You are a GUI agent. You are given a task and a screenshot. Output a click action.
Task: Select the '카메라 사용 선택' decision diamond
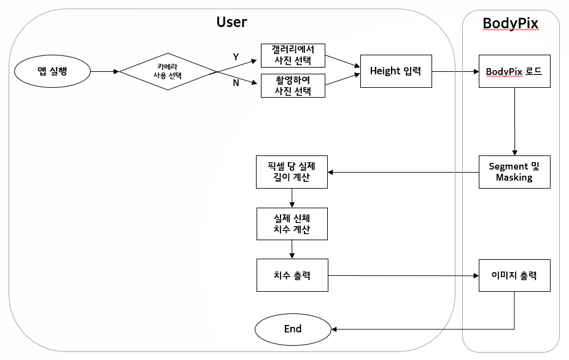coord(168,71)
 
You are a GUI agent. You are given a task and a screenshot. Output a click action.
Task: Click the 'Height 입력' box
coord(395,71)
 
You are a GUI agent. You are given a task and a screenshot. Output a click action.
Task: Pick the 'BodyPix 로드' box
coord(514,71)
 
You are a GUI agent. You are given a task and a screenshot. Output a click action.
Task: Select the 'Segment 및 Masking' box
coord(514,172)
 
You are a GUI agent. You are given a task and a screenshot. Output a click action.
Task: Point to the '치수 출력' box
coord(292,275)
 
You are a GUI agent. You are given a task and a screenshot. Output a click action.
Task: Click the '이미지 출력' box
coord(514,275)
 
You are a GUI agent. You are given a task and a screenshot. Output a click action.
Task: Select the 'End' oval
coord(293,329)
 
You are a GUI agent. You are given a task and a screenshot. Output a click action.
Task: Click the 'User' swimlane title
coord(231,22)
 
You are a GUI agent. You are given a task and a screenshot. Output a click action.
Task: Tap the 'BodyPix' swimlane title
coord(510,23)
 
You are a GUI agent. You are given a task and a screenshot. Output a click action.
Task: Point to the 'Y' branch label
coord(236,57)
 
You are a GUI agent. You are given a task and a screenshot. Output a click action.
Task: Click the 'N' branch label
coord(236,83)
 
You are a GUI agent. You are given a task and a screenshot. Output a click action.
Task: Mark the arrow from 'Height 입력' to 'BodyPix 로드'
coord(455,71)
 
